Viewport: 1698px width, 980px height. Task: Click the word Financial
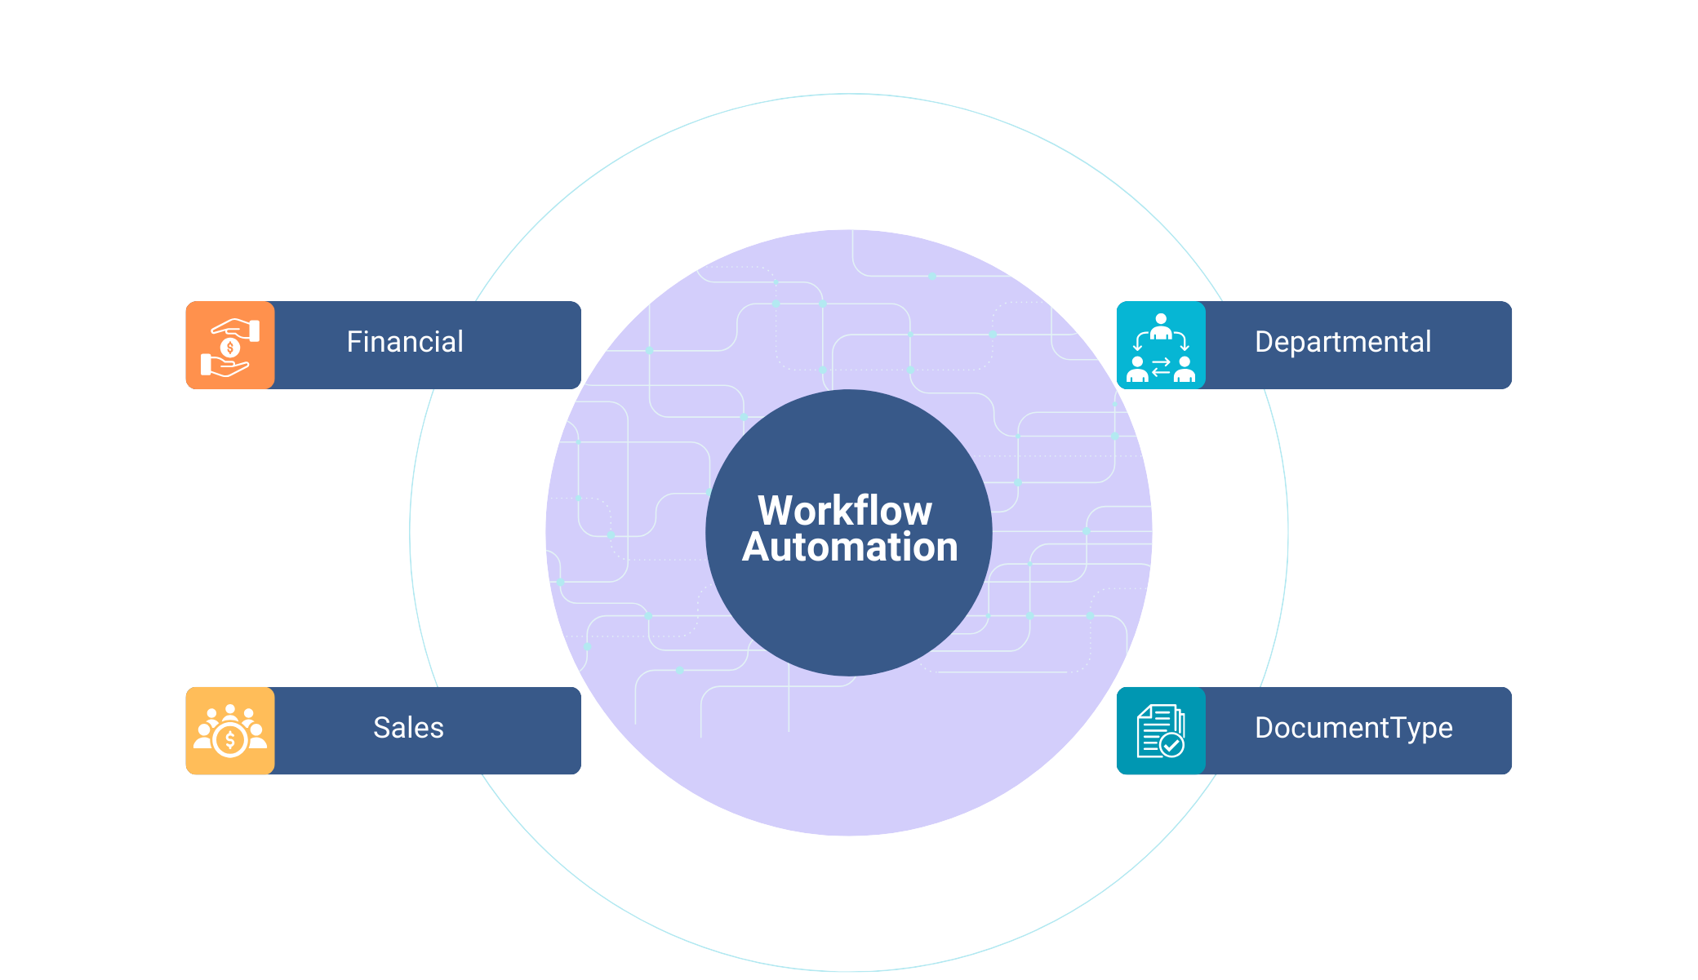tap(405, 342)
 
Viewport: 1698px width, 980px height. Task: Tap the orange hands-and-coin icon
tap(230, 346)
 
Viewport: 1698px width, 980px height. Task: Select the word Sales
tap(408, 728)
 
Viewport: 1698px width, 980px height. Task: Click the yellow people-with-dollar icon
tap(230, 731)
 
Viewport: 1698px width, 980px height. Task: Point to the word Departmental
tap(1343, 342)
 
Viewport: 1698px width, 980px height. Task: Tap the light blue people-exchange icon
tap(1161, 346)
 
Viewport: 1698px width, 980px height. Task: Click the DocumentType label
tap(1354, 728)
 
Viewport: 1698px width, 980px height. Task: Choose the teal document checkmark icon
tap(1161, 731)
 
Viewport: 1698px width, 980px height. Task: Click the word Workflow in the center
tap(845, 511)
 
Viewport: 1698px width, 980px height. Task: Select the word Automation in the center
tap(850, 548)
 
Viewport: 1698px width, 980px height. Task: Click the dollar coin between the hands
tap(230, 348)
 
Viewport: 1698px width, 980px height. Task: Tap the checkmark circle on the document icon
tap(1172, 745)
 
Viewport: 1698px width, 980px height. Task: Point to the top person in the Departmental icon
tap(1161, 326)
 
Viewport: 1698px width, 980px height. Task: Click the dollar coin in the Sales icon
tap(230, 740)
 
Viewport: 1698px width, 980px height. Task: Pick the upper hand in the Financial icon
tap(238, 329)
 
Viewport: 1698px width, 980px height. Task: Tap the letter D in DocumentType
tap(1263, 728)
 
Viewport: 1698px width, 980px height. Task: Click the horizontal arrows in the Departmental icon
tap(1161, 367)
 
